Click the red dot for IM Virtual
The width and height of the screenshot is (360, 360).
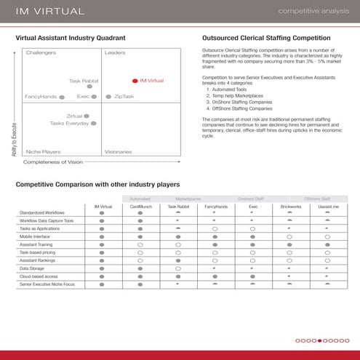pyautogui.click(x=135, y=81)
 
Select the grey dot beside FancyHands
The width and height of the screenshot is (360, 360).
pyautogui.click(x=62, y=96)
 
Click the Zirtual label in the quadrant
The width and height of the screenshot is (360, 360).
pyautogui.click(x=73, y=116)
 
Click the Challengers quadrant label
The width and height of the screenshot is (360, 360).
pyautogui.click(x=41, y=53)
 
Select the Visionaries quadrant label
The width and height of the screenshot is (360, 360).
pyautogui.click(x=118, y=151)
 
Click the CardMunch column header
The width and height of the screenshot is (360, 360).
pyautogui.click(x=140, y=206)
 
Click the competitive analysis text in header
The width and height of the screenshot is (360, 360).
pyautogui.click(x=313, y=11)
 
